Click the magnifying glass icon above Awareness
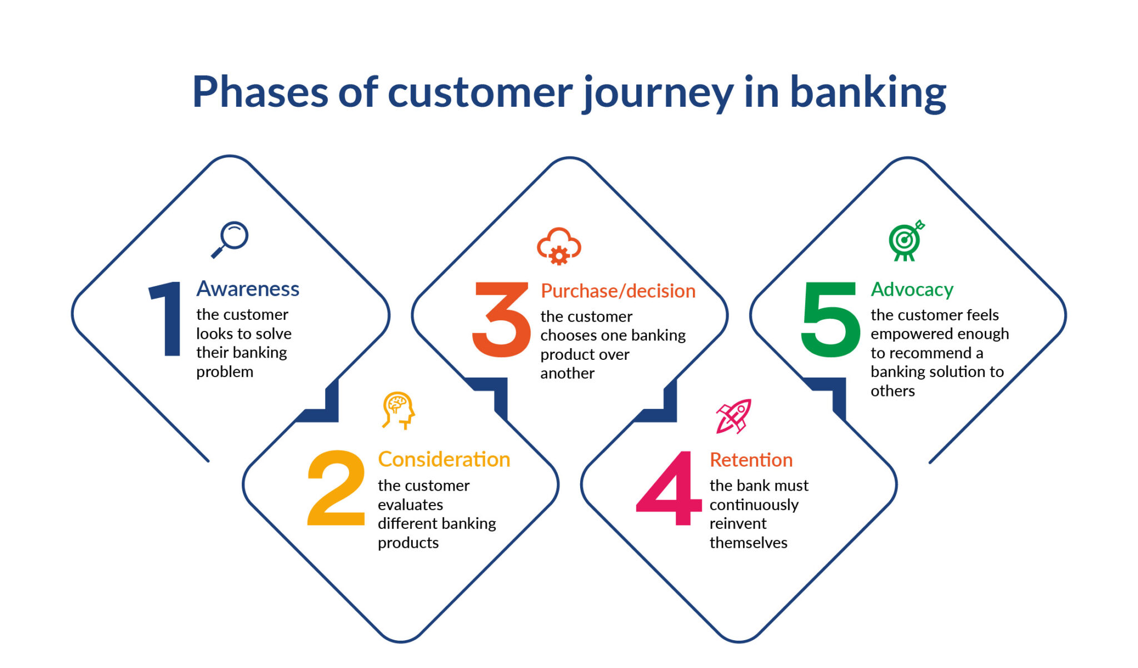click(230, 239)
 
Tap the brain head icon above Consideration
click(398, 410)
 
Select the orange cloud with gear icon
click(559, 246)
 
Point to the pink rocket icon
click(733, 417)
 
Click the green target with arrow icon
click(906, 240)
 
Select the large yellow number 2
click(336, 488)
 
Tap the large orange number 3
click(501, 319)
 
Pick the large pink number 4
click(669, 488)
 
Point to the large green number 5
click(830, 319)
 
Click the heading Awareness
click(248, 289)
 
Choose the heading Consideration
click(444, 459)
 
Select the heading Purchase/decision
click(618, 291)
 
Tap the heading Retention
click(751, 460)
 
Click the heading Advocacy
click(912, 290)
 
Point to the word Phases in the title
click(260, 92)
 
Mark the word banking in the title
click(868, 92)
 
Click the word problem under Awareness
click(224, 372)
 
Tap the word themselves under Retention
click(748, 543)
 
